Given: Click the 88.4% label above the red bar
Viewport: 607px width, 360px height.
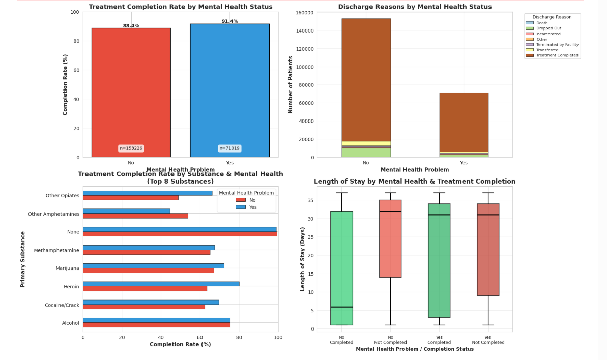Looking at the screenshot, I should [131, 26].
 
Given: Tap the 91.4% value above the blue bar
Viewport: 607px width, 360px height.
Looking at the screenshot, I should [229, 21].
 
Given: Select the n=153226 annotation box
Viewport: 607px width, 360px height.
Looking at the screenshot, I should [131, 148].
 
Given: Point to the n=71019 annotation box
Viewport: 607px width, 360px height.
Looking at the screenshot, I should [229, 148].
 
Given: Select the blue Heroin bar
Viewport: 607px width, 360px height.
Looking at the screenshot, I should [161, 284].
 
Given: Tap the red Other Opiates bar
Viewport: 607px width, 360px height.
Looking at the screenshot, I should [131, 198].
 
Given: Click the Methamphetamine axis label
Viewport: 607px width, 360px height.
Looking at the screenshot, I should [56, 251].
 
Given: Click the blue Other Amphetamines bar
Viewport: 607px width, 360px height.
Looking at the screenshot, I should [127, 211].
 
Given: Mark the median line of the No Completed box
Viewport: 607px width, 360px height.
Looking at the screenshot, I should [341, 307].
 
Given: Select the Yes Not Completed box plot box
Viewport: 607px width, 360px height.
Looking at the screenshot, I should [488, 249].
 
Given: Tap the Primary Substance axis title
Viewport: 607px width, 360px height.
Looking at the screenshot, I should [23, 259].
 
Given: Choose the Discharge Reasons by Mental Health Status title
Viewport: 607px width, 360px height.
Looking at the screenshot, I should [415, 7].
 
